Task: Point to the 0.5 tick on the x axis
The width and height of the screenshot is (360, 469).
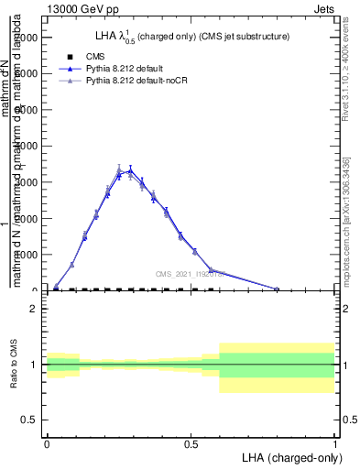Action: (191, 443)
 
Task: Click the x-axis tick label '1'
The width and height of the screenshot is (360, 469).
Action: (335, 443)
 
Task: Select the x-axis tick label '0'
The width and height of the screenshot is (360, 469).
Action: (47, 443)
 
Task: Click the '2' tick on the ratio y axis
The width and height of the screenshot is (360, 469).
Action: (34, 310)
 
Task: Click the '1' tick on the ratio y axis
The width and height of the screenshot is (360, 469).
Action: (34, 365)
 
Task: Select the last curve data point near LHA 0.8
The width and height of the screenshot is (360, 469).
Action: (278, 289)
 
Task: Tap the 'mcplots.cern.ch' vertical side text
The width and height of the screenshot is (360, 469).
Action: (352, 234)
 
